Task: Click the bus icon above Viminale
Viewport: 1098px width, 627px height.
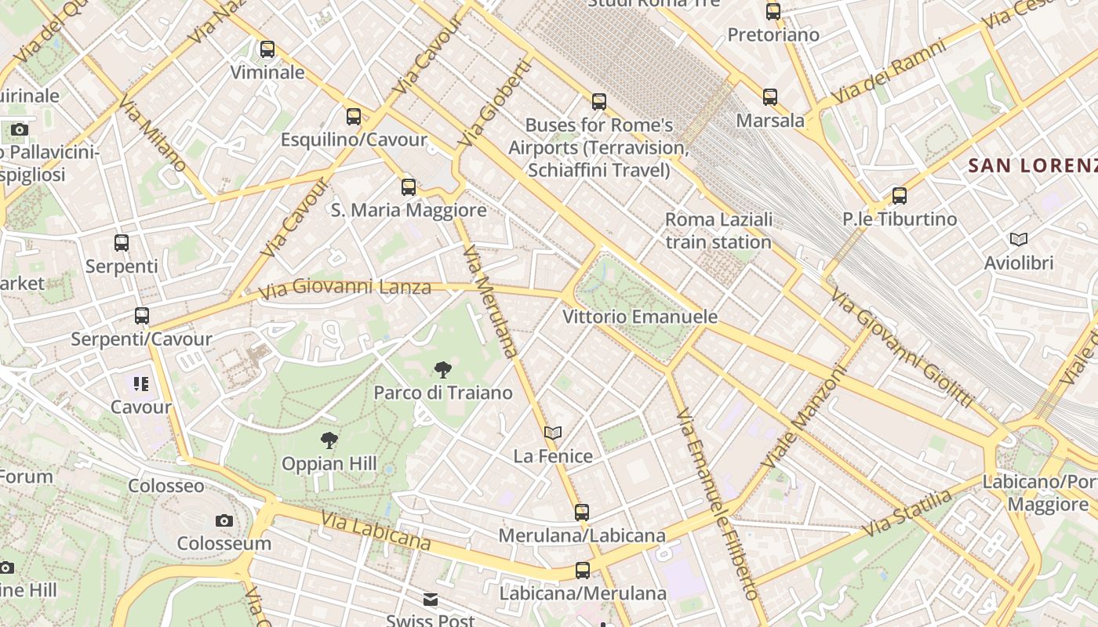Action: (267, 49)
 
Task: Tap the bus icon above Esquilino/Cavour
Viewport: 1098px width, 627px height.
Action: (354, 117)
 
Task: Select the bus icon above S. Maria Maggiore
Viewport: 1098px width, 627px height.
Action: (409, 187)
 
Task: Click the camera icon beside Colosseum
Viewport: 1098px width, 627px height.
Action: (224, 520)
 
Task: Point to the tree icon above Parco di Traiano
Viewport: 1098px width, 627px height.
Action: (443, 369)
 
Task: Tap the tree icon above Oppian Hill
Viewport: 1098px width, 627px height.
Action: (329, 440)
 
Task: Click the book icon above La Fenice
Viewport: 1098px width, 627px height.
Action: (553, 433)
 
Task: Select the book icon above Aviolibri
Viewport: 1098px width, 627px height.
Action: (1019, 239)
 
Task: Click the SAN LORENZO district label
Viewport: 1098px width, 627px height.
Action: (1032, 165)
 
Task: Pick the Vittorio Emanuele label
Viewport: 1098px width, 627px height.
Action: (640, 317)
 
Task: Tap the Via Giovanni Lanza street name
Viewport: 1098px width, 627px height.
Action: (345, 288)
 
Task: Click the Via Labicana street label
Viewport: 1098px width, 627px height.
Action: (376, 531)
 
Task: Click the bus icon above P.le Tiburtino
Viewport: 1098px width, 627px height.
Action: (900, 196)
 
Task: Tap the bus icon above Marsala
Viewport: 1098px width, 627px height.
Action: (770, 97)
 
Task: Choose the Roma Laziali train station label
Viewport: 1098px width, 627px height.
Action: (718, 230)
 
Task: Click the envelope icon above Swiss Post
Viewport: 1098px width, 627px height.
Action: (431, 600)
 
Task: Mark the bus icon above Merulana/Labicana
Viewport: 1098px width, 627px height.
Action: (582, 513)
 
